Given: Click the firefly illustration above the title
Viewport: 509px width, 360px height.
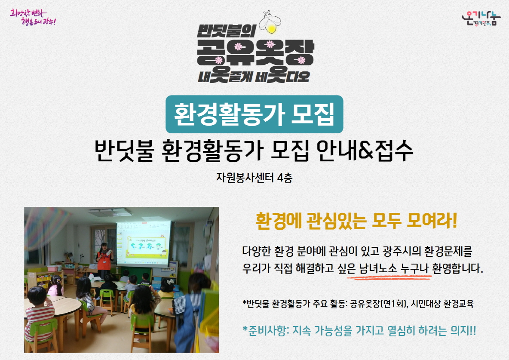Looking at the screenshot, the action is point(270,22).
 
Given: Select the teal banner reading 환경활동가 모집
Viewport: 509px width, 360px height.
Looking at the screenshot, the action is point(254,114).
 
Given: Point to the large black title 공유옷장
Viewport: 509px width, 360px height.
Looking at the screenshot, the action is point(255,52).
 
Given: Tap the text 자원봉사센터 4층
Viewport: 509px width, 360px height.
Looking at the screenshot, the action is point(254,178).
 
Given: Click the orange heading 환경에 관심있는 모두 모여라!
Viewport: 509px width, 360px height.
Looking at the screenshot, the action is point(356,221).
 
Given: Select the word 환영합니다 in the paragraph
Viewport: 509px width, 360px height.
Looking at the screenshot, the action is point(458,268).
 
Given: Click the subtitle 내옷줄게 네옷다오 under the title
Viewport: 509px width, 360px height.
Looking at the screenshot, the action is point(254,76).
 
